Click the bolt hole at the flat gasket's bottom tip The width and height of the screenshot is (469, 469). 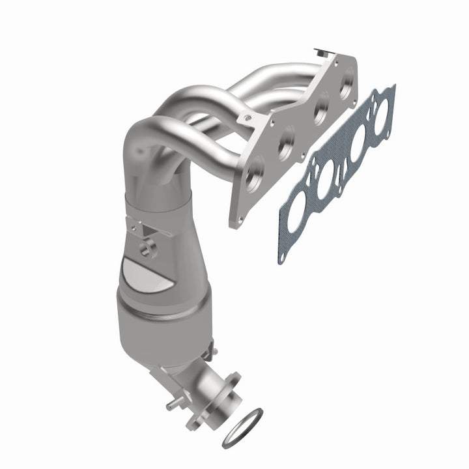[282, 255]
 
